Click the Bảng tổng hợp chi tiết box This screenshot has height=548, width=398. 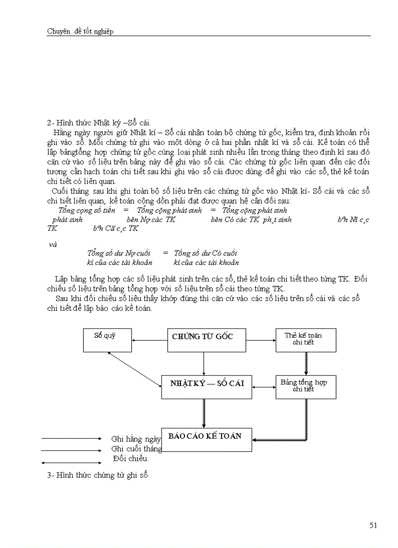(x=306, y=387)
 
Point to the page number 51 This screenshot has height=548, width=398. (x=374, y=526)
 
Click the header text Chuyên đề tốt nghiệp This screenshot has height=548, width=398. (x=80, y=31)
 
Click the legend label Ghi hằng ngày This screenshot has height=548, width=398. (x=136, y=439)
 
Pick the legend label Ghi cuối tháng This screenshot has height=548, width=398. (x=137, y=448)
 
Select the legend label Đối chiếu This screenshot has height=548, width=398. (x=130, y=458)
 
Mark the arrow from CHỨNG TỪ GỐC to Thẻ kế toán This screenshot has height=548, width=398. (x=260, y=340)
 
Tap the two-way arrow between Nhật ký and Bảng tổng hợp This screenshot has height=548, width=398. (x=263, y=387)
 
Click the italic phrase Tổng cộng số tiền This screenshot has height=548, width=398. (x=87, y=210)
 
